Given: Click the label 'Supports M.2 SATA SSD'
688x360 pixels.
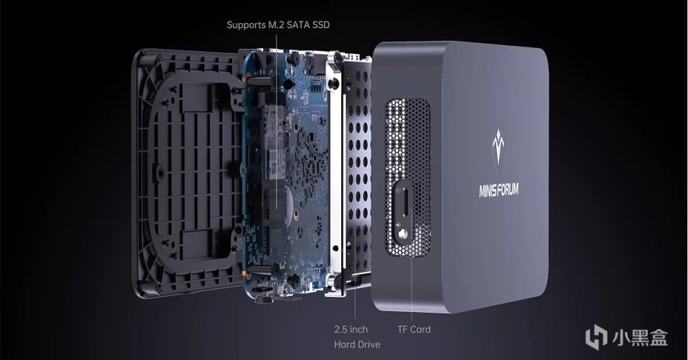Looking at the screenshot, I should [278, 25].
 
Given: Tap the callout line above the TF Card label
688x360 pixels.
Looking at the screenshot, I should [413, 287].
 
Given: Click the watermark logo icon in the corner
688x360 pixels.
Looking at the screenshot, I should [596, 336].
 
